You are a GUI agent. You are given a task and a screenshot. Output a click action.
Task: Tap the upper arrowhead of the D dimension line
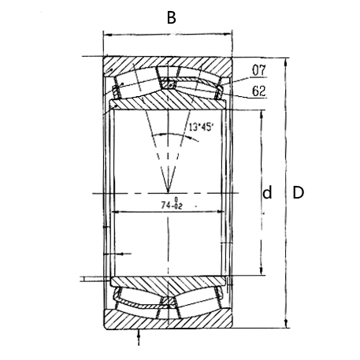285,61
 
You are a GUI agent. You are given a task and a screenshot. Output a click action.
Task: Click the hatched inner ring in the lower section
167,282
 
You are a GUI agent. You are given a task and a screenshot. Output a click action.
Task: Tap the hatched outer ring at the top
167,65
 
